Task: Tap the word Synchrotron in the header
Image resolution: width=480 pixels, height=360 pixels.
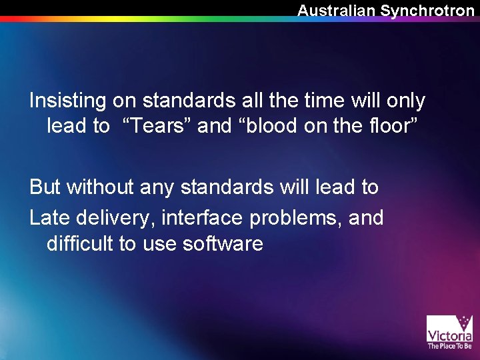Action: tap(427, 11)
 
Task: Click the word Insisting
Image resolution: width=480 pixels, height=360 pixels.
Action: tap(67, 101)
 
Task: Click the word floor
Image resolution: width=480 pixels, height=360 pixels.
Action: tap(386, 126)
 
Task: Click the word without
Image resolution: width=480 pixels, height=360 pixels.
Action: tap(100, 187)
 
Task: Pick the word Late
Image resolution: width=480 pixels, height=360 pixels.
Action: tap(51, 217)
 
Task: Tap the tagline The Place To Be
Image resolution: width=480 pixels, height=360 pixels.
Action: tap(449, 346)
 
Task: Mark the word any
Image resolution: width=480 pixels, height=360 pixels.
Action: tap(158, 187)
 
